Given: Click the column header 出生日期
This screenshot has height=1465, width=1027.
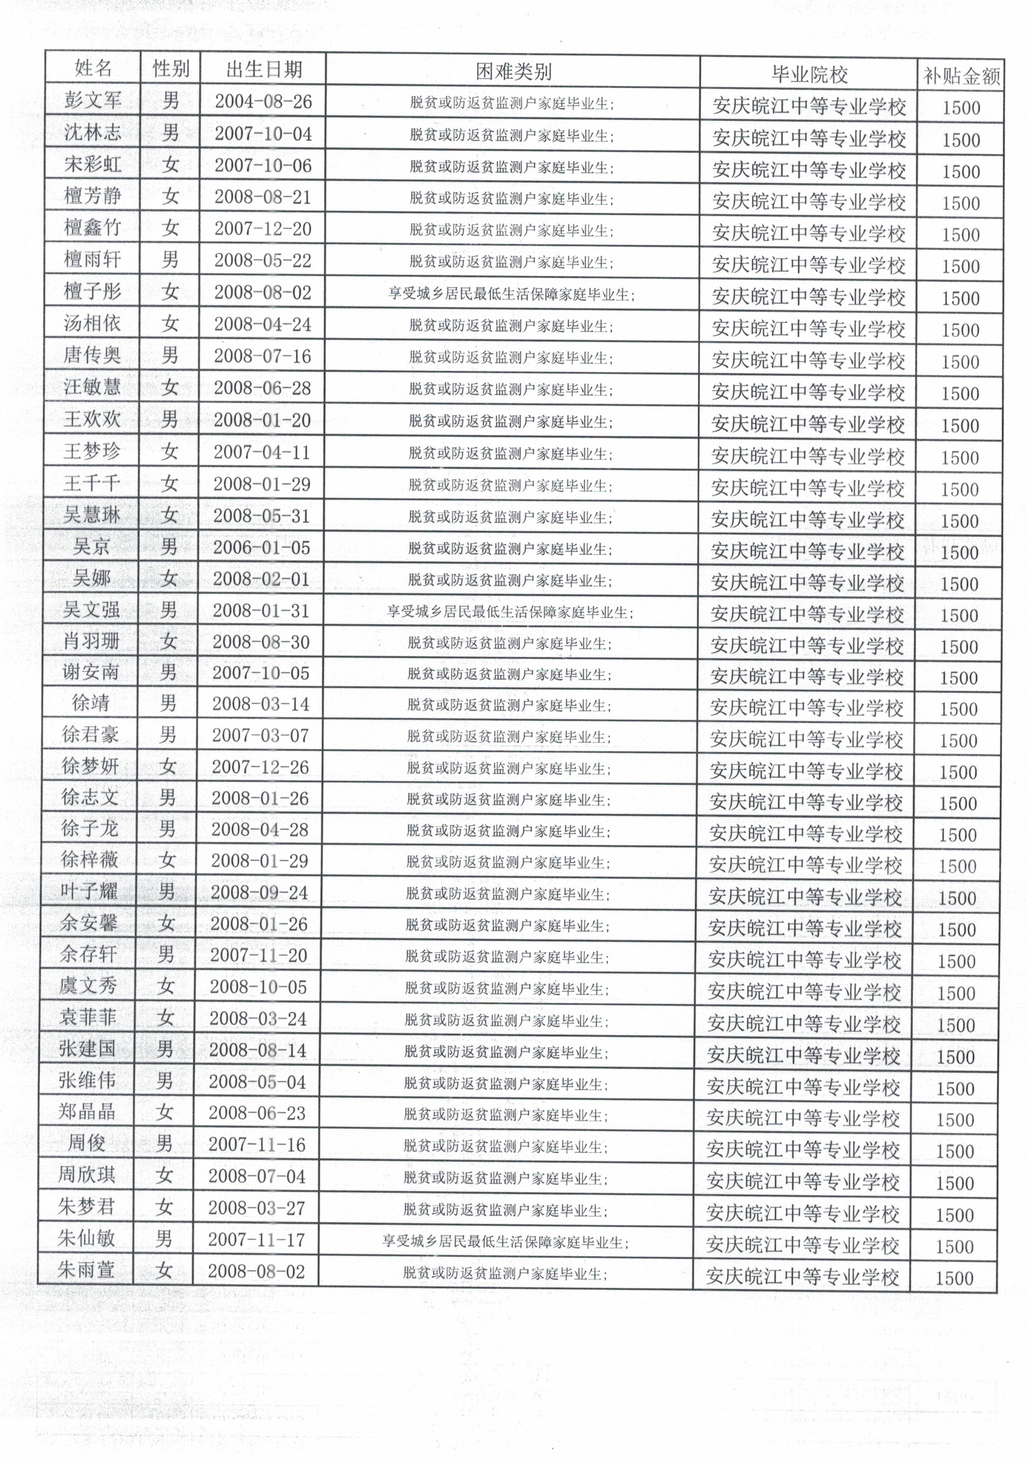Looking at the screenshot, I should coord(263,69).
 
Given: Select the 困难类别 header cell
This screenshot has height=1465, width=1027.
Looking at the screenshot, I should coord(513,72).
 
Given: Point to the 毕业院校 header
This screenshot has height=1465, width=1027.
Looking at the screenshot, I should coord(809,75).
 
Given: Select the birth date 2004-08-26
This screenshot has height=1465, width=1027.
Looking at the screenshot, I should coord(263,101).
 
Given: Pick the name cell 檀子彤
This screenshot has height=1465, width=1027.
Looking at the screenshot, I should coord(92,292).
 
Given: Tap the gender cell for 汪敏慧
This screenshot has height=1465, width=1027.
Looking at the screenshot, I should coord(169,387).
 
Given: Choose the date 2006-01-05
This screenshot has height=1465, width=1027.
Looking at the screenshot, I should coord(262,547).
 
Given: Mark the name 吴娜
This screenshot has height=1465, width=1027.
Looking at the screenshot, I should coord(91,578).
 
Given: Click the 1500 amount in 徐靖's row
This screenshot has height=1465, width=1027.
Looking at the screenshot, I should coord(959,709).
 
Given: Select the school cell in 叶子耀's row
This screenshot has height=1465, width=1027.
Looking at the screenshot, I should coord(805,897).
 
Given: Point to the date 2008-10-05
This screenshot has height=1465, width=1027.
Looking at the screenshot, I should coord(258,987).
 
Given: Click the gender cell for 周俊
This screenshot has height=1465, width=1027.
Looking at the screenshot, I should coord(164,1144).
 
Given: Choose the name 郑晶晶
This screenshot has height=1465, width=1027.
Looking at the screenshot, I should coord(87,1112).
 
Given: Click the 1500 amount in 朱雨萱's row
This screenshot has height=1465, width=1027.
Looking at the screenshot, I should coord(954,1278).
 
